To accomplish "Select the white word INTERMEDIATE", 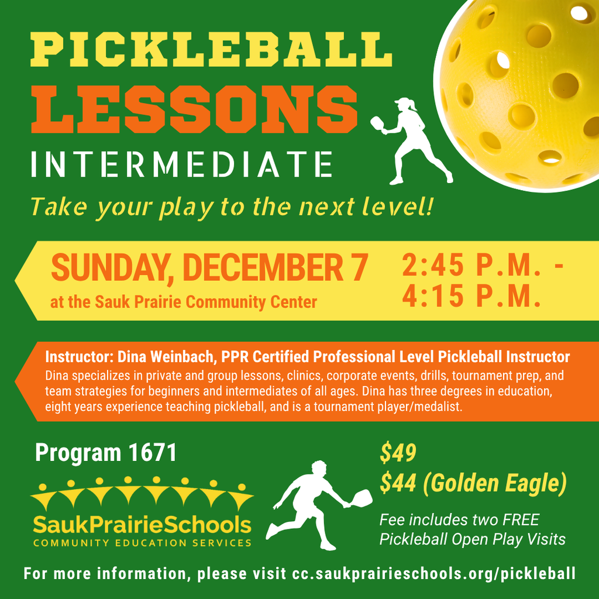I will click(x=182, y=164).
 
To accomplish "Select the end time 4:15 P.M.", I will click(x=470, y=297).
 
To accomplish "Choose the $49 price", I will click(x=398, y=453).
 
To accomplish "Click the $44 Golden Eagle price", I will click(x=473, y=483).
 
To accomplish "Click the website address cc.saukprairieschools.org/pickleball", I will click(x=433, y=573).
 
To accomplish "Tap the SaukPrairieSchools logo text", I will click(x=142, y=524).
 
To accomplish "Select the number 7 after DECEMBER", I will click(x=359, y=268).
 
